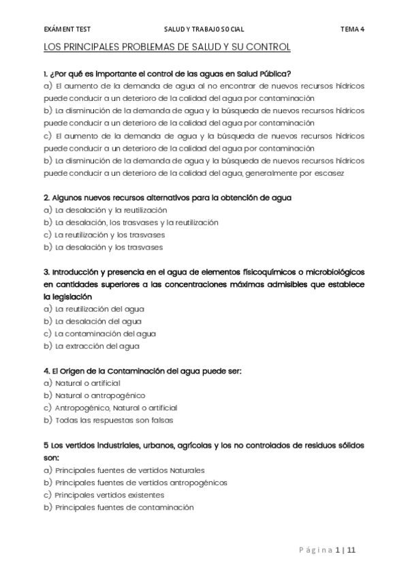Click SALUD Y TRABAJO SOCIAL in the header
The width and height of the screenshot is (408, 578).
tap(204, 30)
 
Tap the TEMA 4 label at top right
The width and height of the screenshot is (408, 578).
tap(352, 30)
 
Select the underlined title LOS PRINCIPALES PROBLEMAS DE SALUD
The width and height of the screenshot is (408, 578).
tap(167, 47)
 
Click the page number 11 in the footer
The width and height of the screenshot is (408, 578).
tap(351, 550)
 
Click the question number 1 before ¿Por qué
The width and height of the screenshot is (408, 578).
tap(45, 74)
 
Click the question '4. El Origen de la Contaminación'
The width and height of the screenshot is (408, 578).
tap(142, 371)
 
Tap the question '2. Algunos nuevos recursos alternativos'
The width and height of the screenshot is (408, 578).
tap(167, 198)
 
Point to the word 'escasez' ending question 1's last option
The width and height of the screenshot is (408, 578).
tap(330, 172)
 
